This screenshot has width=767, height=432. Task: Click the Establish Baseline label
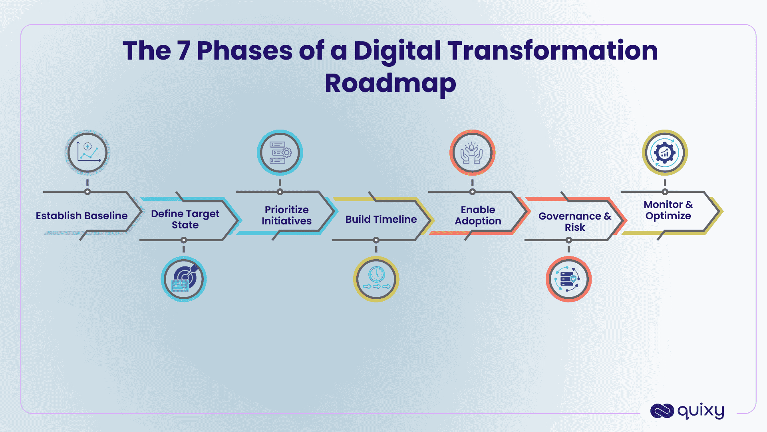point(81,216)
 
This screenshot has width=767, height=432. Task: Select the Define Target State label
point(185,219)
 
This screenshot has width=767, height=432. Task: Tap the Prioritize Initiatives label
point(286,215)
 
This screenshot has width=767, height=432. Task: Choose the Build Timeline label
point(381,219)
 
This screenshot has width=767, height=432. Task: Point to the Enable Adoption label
point(478,215)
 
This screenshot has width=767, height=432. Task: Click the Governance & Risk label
point(574,222)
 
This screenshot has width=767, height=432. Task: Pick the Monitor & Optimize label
point(668,210)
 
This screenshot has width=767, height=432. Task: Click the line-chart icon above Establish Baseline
point(87,152)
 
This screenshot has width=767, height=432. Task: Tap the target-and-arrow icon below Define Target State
point(184,279)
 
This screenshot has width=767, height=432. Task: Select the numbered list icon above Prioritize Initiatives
point(280,152)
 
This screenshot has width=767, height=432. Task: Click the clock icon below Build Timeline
point(376,279)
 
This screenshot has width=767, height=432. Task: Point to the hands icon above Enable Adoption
point(472,152)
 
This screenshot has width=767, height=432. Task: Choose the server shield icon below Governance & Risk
point(568,279)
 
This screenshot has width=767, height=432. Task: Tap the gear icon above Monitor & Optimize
point(665,152)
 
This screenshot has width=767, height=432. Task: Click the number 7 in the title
point(183,51)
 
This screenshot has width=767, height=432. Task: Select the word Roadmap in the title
point(390,83)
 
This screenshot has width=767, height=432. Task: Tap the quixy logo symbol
point(662,411)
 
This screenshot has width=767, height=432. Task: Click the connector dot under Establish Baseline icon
point(87,192)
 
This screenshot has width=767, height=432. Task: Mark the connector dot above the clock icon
point(376,240)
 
